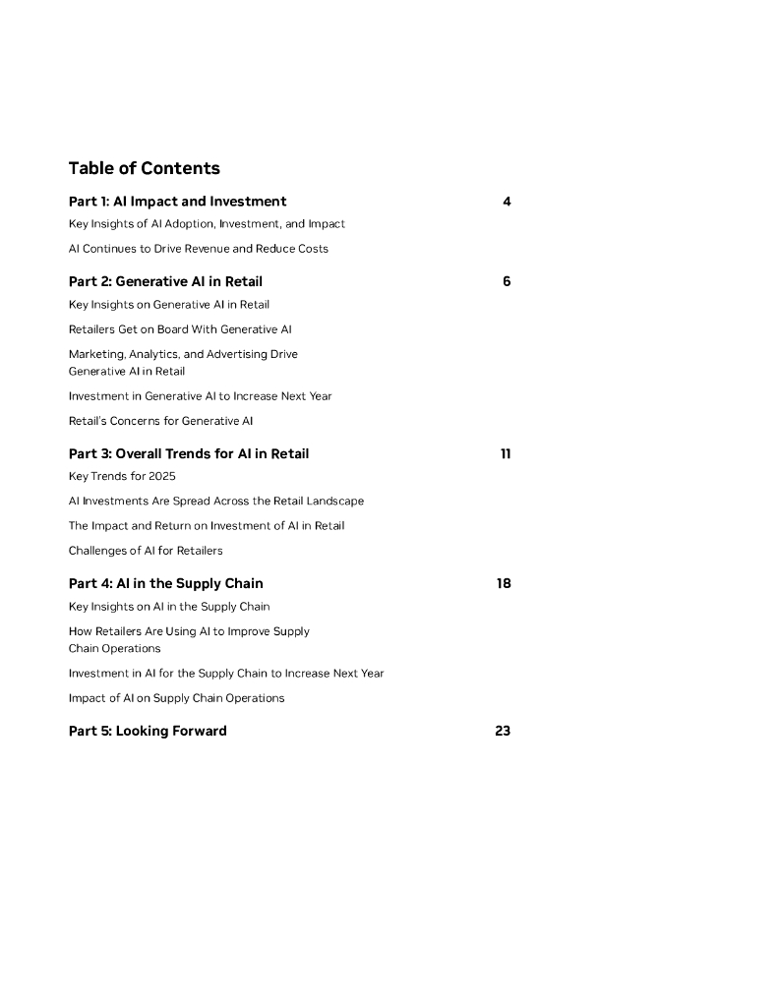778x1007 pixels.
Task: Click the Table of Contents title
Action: click(x=144, y=168)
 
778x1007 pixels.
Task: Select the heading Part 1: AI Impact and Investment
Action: click(x=177, y=202)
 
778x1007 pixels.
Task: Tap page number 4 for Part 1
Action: click(x=507, y=202)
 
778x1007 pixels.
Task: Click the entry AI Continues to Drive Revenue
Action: click(x=198, y=249)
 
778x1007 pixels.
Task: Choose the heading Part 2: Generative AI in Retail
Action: click(x=165, y=281)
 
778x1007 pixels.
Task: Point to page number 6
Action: click(x=507, y=281)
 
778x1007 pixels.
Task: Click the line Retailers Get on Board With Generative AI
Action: click(x=180, y=329)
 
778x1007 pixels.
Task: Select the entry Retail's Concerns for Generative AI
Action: click(x=160, y=421)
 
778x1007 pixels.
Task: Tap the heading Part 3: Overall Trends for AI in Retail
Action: click(x=189, y=453)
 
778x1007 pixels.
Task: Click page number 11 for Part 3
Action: click(x=506, y=453)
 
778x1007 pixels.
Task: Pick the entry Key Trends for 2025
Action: click(x=122, y=476)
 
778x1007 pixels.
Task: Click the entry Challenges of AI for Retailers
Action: click(x=146, y=551)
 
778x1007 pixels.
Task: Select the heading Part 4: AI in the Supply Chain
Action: click(x=165, y=583)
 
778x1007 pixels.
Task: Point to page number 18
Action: click(x=504, y=583)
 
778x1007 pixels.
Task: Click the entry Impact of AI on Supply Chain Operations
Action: click(x=176, y=698)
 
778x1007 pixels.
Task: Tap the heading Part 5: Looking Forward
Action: click(x=148, y=731)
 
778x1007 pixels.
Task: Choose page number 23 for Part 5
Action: click(x=503, y=731)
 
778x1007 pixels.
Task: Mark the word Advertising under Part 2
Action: click(x=237, y=354)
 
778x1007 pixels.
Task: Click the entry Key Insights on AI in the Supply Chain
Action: click(x=168, y=607)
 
